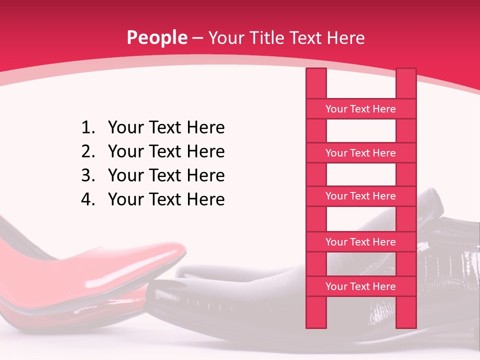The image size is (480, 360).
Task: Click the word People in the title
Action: coord(157,37)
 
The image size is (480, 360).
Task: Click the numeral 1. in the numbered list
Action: coord(88,127)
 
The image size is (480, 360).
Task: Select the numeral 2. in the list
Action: coord(88,151)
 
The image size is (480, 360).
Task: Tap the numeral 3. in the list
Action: coord(88,175)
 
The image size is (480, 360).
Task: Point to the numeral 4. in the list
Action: coord(88,199)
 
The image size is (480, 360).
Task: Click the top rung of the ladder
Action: coord(360,109)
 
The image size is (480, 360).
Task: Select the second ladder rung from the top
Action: coord(360,153)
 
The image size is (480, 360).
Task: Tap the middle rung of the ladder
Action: coord(360,196)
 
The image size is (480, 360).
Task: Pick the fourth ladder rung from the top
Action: coord(360,242)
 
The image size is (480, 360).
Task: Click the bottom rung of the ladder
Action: coord(360,286)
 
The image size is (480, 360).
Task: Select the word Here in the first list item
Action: coord(205,127)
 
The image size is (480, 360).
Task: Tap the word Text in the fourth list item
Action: coord(165,199)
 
